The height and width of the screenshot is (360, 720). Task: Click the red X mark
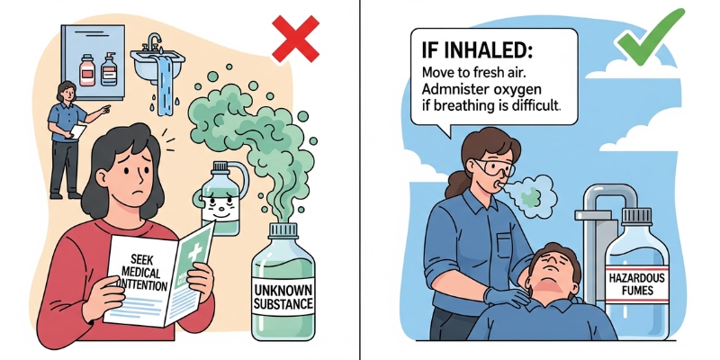point(295,40)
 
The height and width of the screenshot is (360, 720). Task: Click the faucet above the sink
point(155,41)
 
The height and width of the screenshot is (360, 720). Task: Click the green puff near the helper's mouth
point(532,193)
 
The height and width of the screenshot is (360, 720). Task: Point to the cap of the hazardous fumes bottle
point(636,217)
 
